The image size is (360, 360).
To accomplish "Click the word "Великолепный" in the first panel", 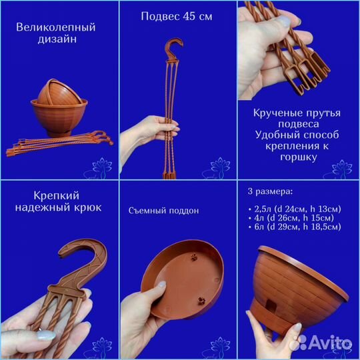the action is tap(56, 27).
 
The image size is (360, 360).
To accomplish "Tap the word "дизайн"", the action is tap(57, 39).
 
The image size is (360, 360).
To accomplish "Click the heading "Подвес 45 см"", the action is tap(177, 16).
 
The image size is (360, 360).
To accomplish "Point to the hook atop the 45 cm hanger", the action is tap(174, 48).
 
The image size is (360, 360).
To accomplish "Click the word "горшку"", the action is tap(299, 157).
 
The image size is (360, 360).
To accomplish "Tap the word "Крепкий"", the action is tap(57, 195).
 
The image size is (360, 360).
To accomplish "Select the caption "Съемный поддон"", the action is tap(164, 211).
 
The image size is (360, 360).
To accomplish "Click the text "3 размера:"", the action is tap(270, 191).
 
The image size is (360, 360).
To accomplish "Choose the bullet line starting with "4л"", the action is tap(291, 218).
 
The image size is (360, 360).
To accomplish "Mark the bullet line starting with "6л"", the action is tap(295, 227).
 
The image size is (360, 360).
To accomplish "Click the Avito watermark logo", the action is tap(321, 343).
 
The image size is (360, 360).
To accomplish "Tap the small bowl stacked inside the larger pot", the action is tap(59, 92).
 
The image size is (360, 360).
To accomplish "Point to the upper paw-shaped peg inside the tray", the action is tap(194, 257).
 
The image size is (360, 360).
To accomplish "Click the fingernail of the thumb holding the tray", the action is tap(162, 284).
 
